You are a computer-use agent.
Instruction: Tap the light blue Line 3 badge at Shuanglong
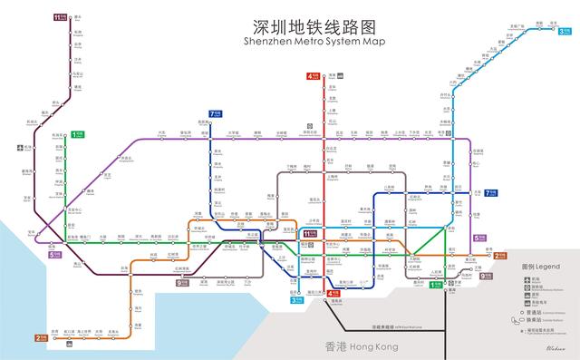pyautogui.click(x=563, y=32)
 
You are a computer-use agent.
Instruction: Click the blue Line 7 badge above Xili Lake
pyautogui.click(x=216, y=114)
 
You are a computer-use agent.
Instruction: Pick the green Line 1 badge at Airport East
pyautogui.click(x=77, y=134)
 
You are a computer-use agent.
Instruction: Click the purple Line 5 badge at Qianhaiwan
pyautogui.click(x=56, y=255)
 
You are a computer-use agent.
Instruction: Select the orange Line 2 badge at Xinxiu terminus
pyautogui.click(x=499, y=256)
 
